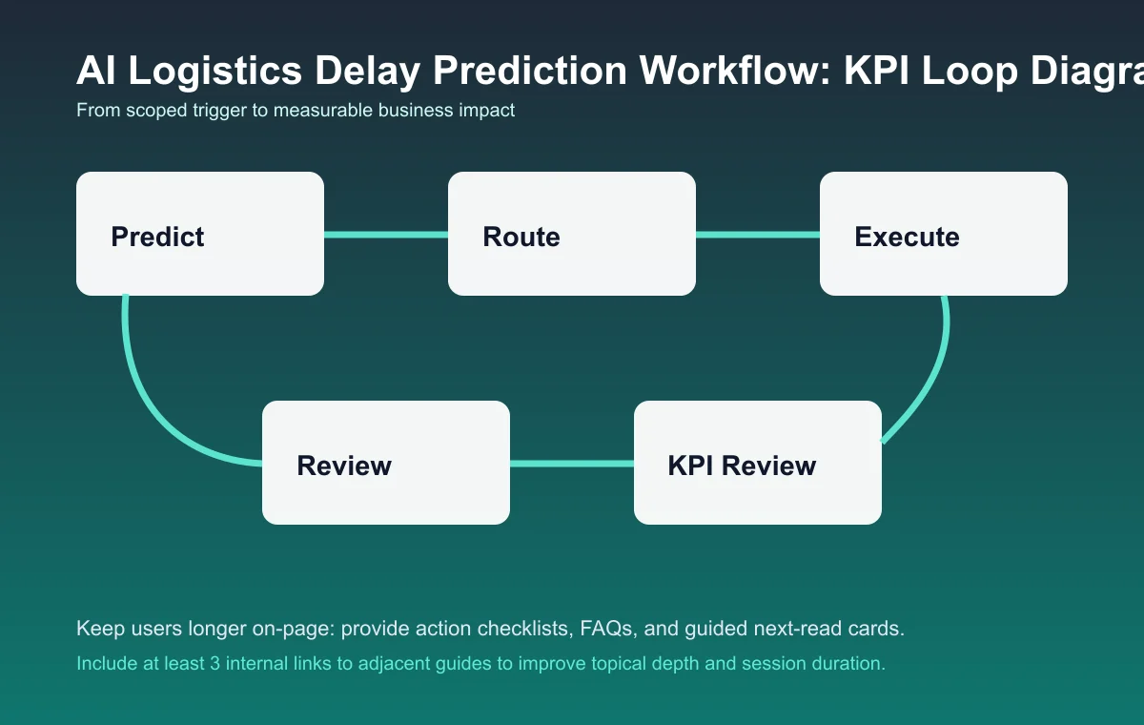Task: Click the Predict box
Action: [200, 234]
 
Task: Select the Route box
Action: [572, 234]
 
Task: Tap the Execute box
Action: [944, 234]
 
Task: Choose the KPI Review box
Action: [758, 463]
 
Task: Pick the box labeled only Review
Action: [386, 463]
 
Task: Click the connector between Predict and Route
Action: [386, 234]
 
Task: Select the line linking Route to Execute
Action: [758, 234]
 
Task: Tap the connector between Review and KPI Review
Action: [572, 464]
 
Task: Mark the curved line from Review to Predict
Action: [153, 401]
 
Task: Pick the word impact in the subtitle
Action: [486, 110]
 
